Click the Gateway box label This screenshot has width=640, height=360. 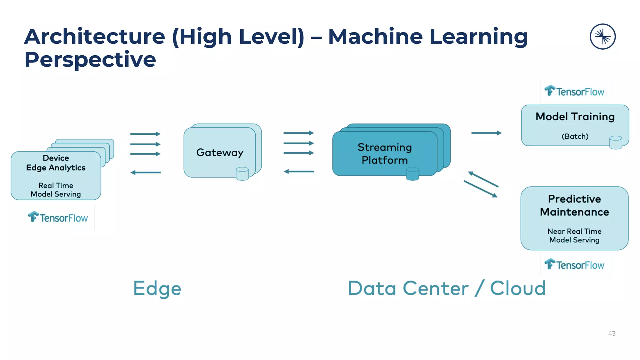[220, 152]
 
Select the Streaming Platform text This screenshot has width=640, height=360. [385, 153]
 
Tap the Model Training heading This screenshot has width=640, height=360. [575, 117]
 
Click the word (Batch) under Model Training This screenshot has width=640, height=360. [575, 136]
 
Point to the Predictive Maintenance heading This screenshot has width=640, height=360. [574, 205]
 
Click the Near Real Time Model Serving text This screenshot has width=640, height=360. [574, 236]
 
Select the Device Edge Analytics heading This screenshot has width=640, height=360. [56, 163]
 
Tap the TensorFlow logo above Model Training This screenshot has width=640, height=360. [574, 91]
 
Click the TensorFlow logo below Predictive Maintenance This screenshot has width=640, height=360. [574, 265]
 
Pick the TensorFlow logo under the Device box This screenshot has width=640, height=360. [58, 217]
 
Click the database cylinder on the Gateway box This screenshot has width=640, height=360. [242, 174]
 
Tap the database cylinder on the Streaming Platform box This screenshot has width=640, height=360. [412, 174]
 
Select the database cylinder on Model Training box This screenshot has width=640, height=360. [616, 142]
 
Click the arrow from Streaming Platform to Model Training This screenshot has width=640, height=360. [486, 133]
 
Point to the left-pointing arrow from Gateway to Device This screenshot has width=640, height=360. [146, 172]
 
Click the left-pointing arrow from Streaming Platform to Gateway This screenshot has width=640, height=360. [299, 171]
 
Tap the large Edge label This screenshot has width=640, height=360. [157, 288]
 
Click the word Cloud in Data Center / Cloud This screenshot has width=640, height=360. [518, 288]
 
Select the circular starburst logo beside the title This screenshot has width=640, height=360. [602, 37]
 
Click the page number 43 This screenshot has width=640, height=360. [612, 333]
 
